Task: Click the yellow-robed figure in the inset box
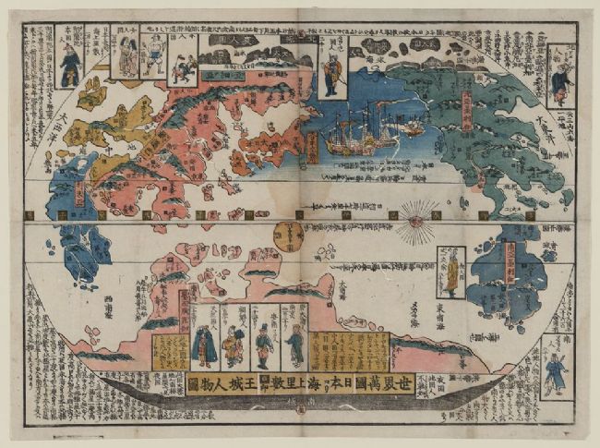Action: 451,273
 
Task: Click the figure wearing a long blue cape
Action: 205,345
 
